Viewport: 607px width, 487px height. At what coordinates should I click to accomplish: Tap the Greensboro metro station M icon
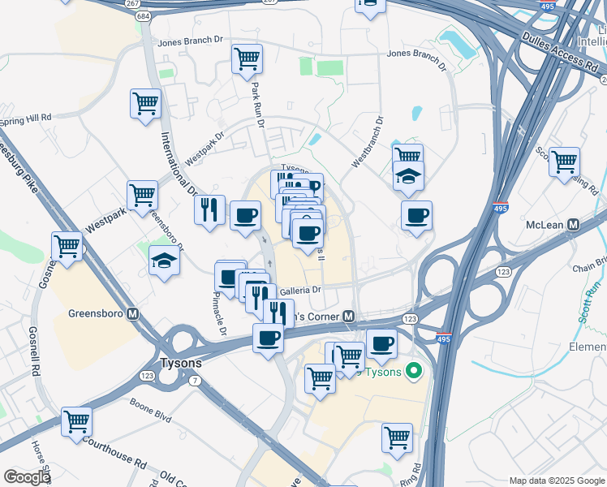pos(132,313)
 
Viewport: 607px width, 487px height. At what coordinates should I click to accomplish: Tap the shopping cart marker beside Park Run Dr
pos(247,58)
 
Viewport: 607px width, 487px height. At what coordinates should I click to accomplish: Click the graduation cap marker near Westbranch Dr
pos(408,175)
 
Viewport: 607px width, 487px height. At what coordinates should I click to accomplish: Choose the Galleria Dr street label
pos(300,291)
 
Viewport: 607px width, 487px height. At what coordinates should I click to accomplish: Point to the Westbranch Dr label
pos(366,142)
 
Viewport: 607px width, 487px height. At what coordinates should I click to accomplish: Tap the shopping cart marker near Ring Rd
pos(397,437)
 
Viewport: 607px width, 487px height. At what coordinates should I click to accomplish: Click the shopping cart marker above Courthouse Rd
pos(76,420)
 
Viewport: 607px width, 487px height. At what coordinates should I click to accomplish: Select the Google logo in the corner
pos(27,477)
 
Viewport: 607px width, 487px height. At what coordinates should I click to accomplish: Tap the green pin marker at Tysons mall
pos(414,372)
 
